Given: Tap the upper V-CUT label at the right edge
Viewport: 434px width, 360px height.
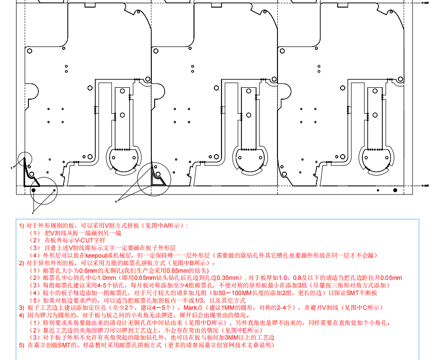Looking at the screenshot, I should pos(426,3).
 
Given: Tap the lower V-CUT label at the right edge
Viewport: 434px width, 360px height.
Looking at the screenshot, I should pos(426,186).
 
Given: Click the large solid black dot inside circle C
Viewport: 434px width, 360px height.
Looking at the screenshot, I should pos(33,190).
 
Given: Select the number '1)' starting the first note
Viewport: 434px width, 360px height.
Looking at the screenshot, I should pos(21,225).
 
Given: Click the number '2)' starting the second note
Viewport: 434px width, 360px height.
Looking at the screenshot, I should pos(21,263).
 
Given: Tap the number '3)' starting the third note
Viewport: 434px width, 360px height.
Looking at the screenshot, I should pos(21,307).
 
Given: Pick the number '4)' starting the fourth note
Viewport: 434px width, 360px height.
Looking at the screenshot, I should pos(21,315).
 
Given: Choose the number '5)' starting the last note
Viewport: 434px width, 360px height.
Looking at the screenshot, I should pos(21,345).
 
